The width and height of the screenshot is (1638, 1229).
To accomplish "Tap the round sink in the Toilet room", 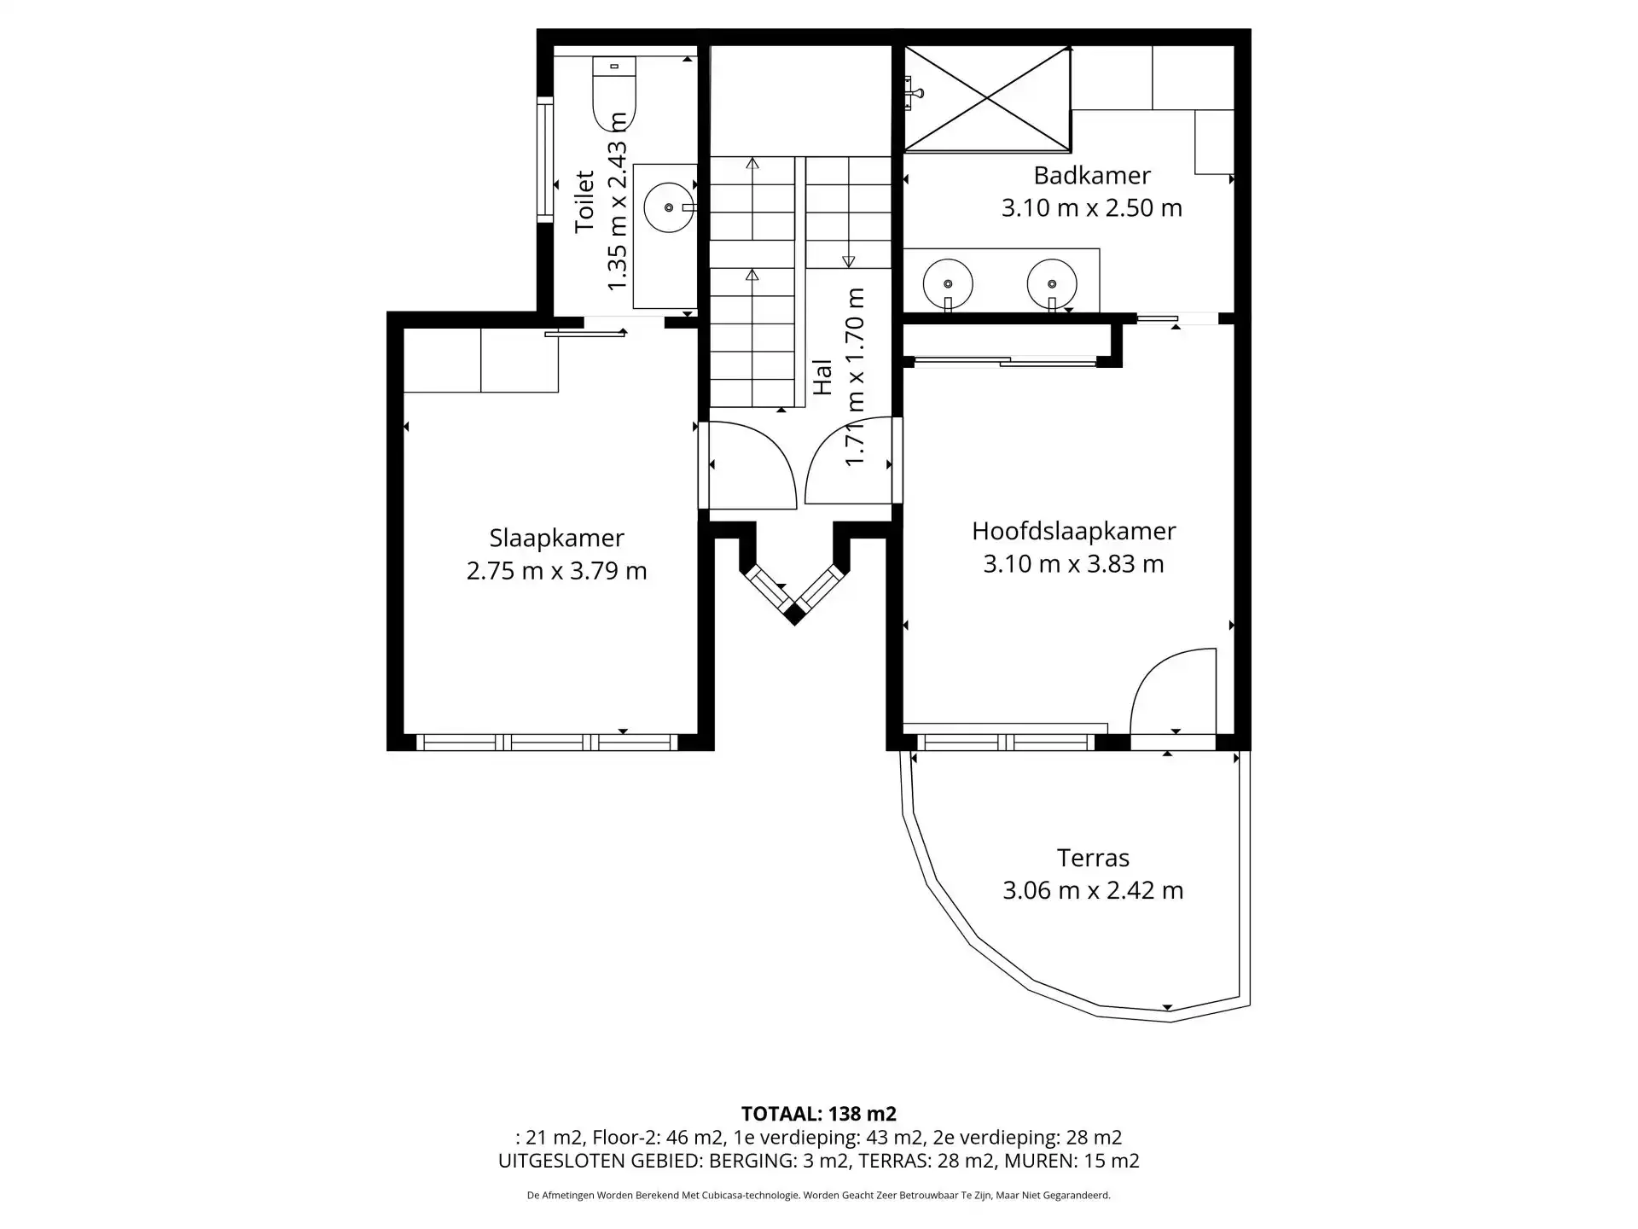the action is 669,207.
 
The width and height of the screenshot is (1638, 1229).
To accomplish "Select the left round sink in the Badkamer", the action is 948,283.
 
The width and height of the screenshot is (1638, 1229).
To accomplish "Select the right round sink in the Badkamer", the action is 1052,283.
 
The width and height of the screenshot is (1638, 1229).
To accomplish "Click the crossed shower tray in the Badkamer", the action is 987,100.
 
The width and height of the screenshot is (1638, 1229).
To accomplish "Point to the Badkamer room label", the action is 1092,176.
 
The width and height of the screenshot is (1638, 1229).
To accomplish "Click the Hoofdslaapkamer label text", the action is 1074,531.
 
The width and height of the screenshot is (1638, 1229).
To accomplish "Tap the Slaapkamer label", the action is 556,539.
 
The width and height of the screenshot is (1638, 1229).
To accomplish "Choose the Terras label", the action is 1093,858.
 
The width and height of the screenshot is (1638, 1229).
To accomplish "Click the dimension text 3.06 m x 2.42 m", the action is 1093,891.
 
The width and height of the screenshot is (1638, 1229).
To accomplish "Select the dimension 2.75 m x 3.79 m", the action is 556,571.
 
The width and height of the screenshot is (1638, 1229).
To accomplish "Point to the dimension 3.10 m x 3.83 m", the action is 1074,564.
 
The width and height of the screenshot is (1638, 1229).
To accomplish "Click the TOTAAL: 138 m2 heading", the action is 819,1114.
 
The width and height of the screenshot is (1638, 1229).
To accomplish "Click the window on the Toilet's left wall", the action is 545,160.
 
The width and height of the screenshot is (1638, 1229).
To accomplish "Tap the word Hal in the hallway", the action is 822,376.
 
